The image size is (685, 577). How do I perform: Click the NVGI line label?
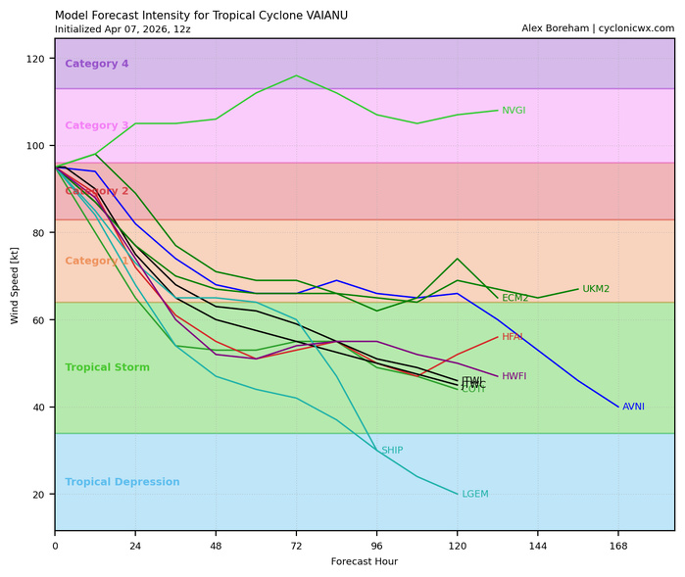[514, 111]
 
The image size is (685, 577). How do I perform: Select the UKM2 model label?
[596, 289]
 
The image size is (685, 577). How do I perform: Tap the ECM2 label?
[515, 298]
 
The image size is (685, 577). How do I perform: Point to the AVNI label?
[633, 407]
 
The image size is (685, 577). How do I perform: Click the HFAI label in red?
[514, 337]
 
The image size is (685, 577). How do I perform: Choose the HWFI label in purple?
[514, 376]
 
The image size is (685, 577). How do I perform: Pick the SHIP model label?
[392, 451]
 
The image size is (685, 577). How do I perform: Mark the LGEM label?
[474, 494]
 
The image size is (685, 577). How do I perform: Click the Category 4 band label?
[96, 65]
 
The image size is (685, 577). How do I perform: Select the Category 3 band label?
[96, 125]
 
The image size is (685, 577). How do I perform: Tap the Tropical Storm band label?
[108, 367]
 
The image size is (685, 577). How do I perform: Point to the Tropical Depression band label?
[122, 482]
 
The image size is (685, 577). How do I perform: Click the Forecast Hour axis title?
[364, 562]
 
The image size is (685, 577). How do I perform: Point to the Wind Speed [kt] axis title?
[15, 285]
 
